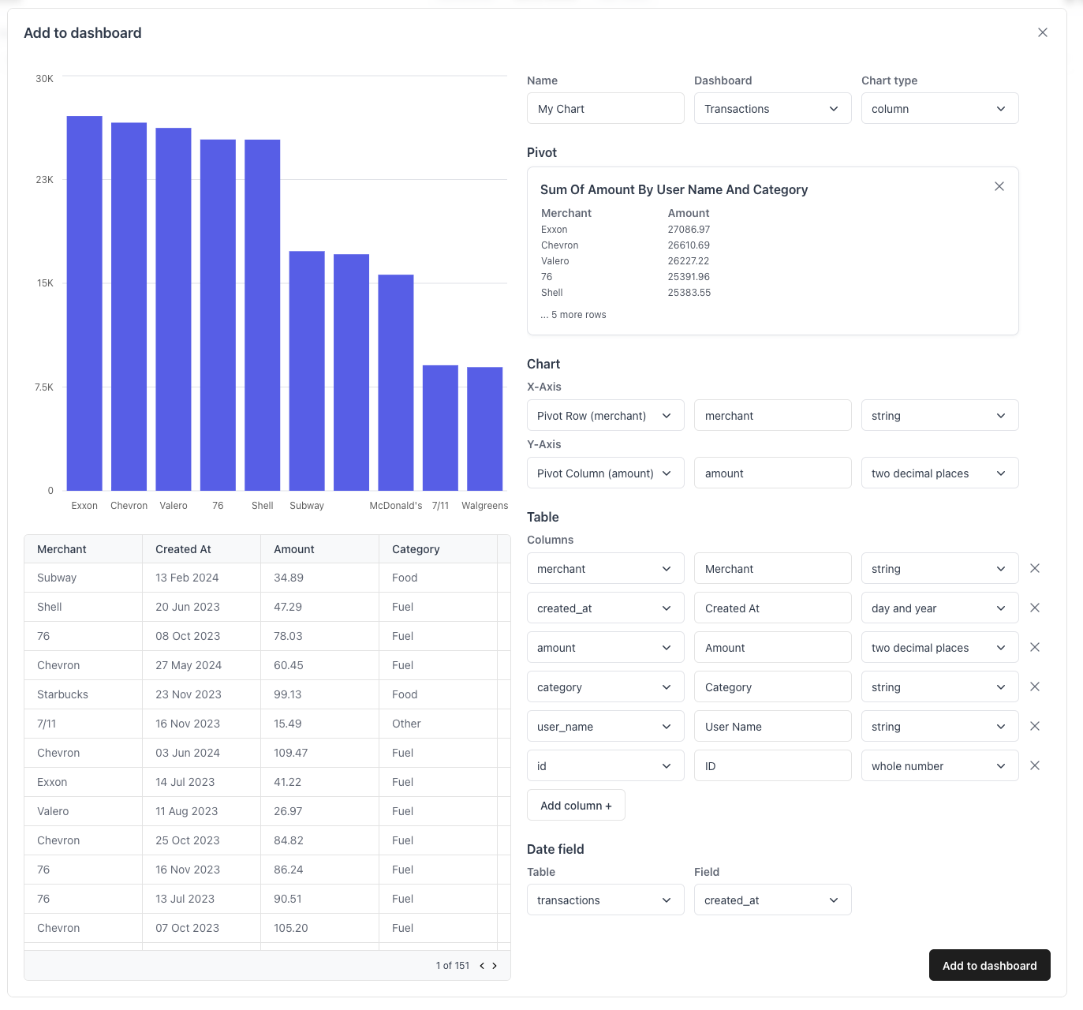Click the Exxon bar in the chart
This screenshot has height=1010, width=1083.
[84, 303]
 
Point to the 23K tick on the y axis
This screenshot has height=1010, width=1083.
[45, 180]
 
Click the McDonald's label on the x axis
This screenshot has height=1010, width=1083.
[395, 506]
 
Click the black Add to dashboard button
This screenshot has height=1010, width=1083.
[989, 965]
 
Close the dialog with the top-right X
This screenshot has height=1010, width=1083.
[1042, 32]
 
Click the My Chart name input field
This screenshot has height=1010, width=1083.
[605, 109]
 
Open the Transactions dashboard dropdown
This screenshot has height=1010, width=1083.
[772, 109]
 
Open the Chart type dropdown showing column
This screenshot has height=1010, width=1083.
[939, 109]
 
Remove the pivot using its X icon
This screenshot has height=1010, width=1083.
[999, 186]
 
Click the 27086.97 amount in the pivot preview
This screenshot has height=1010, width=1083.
[689, 230]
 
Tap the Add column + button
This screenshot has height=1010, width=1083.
[576, 806]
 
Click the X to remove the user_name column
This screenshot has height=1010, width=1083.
[1035, 726]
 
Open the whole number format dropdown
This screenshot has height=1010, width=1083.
[939, 766]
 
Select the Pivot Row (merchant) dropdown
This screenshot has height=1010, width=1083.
[605, 416]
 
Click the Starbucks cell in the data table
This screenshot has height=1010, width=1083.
[62, 694]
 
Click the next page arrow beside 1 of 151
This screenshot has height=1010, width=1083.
[495, 966]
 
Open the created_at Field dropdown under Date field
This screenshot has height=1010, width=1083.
[772, 900]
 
